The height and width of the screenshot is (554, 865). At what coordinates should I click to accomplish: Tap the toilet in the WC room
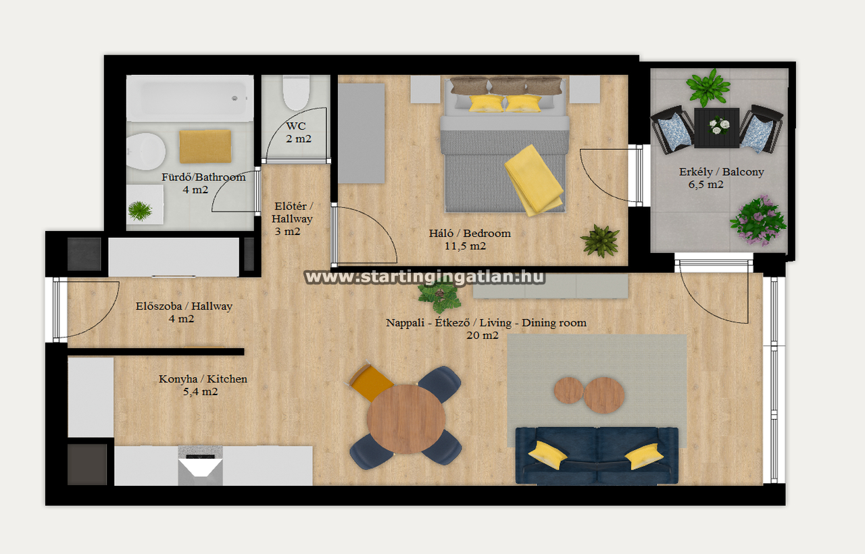[x=296, y=92]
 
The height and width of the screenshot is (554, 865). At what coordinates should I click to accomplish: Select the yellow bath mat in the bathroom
[x=205, y=147]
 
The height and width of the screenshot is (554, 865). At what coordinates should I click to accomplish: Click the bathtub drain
[x=234, y=99]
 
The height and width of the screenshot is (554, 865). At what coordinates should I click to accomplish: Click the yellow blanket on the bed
[x=534, y=180]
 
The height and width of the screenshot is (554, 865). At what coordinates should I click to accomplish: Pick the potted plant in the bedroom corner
[x=600, y=241]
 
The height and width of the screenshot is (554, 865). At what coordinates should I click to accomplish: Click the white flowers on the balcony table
[x=718, y=126]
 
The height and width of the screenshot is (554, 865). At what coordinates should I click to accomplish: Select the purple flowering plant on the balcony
[x=758, y=221]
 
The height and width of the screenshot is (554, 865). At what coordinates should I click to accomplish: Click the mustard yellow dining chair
[x=370, y=382]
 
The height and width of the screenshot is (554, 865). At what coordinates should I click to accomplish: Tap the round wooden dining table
[x=406, y=419]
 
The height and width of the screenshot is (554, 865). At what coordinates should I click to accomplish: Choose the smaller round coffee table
[x=568, y=391]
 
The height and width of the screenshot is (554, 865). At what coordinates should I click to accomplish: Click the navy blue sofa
[x=597, y=455]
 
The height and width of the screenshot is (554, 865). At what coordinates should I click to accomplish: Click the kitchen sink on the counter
[x=200, y=465]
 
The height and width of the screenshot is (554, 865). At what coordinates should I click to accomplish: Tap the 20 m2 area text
[x=483, y=335]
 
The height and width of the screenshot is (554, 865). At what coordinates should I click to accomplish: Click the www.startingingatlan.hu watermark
[x=425, y=277]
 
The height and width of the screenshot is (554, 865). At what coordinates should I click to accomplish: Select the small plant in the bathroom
[x=140, y=211]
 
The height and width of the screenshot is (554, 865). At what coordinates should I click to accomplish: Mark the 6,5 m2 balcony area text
[x=706, y=184]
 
